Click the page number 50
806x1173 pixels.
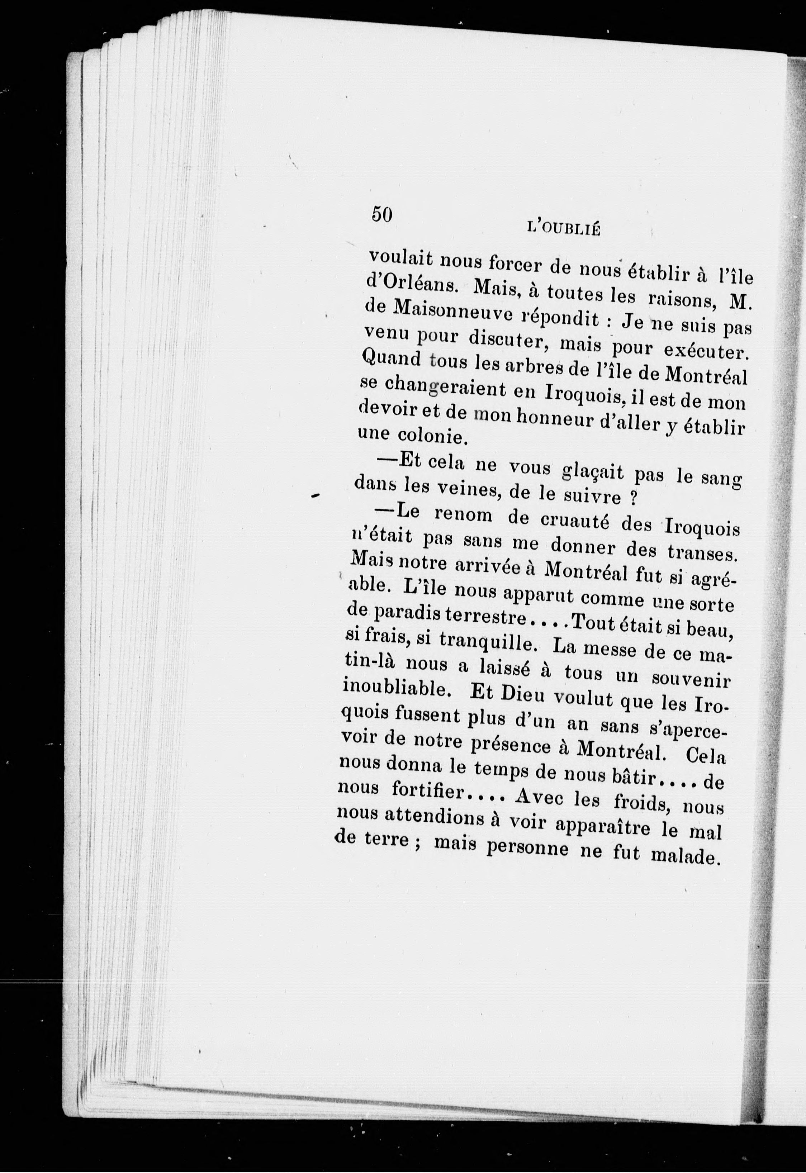[382, 214]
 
